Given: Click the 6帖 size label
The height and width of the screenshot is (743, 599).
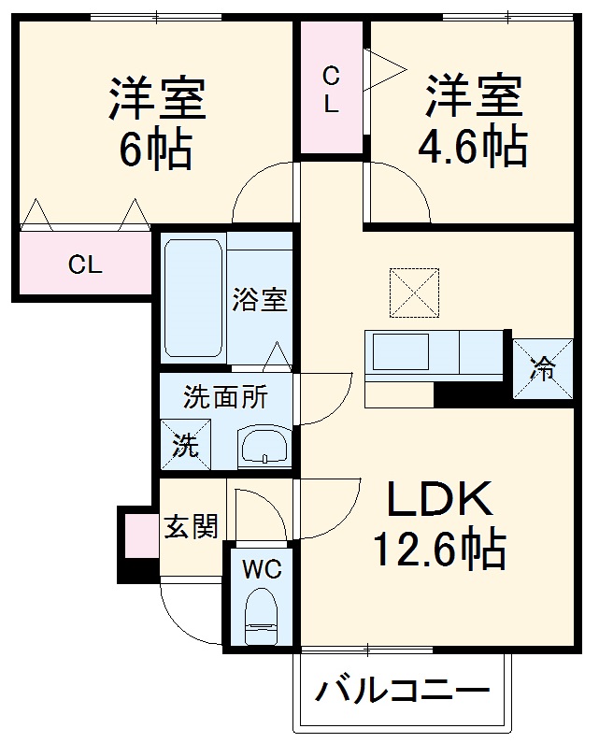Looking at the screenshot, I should pyautogui.click(x=156, y=148).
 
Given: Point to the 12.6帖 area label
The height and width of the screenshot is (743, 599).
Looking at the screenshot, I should pyautogui.click(x=440, y=550).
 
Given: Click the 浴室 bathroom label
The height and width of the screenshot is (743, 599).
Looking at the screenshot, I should pyautogui.click(x=260, y=301).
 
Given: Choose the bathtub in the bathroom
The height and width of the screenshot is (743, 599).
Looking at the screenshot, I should pyautogui.click(x=193, y=301).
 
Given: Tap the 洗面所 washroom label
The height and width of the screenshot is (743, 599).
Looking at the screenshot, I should pyautogui.click(x=224, y=397).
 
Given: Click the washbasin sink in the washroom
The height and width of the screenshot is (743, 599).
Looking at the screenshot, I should pyautogui.click(x=265, y=447).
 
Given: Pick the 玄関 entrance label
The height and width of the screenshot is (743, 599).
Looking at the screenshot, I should pyautogui.click(x=192, y=528).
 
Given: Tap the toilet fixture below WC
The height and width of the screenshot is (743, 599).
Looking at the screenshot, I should pyautogui.click(x=261, y=618).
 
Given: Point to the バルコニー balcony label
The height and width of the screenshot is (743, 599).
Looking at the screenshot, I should pyautogui.click(x=402, y=693).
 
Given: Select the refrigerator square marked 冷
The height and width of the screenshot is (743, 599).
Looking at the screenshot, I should pyautogui.click(x=541, y=368).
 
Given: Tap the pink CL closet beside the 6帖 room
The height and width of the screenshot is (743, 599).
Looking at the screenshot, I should pyautogui.click(x=84, y=265).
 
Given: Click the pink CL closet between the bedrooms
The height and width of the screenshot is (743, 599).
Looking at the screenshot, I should pyautogui.click(x=331, y=89).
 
